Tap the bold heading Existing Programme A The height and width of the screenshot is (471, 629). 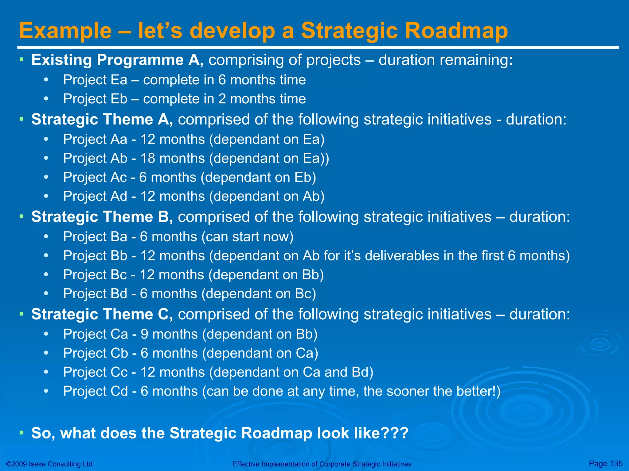pos(117,60)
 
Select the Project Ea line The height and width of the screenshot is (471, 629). pos(184,80)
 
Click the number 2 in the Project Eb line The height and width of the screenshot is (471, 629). pos(222,99)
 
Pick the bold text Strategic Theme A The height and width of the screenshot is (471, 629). pos(102,119)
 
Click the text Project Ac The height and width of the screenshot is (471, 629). pos(95,178)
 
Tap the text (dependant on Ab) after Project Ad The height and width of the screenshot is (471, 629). pos(267,197)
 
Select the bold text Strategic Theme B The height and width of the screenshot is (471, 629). pos(102,217)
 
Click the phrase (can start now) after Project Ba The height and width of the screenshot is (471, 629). pos(248,237)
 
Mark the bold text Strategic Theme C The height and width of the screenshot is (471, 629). pos(102,314)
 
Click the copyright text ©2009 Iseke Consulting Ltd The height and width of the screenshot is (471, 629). pos(49,464)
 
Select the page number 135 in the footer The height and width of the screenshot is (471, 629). pos(616,463)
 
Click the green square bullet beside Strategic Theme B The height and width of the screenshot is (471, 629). pos(21,217)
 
